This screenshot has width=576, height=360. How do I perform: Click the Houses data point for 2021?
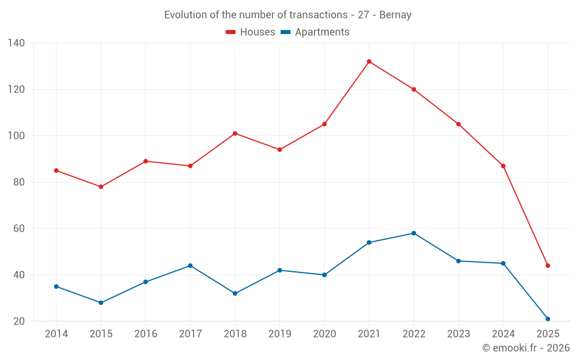(369, 62)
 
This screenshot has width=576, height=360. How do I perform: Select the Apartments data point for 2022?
(414, 233)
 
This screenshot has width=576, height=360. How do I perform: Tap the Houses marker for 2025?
(548, 266)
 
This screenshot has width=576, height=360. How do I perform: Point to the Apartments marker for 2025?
(548, 319)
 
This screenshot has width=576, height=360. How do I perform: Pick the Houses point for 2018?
(235, 134)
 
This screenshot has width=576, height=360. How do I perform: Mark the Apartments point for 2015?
(101, 302)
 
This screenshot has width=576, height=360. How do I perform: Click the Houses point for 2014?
(56, 170)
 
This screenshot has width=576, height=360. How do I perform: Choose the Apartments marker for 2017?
(190, 266)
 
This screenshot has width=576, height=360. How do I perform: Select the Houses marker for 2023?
(458, 124)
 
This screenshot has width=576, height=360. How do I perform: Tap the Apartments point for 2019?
(279, 270)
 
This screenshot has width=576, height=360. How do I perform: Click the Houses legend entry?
(251, 32)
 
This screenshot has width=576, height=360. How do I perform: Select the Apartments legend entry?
(315, 32)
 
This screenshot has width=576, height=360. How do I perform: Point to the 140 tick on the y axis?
(17, 43)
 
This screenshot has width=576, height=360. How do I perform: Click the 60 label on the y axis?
(19, 229)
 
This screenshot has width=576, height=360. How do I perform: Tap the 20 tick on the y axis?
(19, 321)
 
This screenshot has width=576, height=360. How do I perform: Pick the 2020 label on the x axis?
(324, 334)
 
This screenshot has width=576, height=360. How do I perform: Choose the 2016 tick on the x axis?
(145, 334)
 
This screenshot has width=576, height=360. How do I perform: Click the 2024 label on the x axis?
(503, 334)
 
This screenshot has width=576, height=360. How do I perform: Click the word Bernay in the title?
(396, 15)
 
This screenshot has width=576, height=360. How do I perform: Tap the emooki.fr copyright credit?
(526, 348)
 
